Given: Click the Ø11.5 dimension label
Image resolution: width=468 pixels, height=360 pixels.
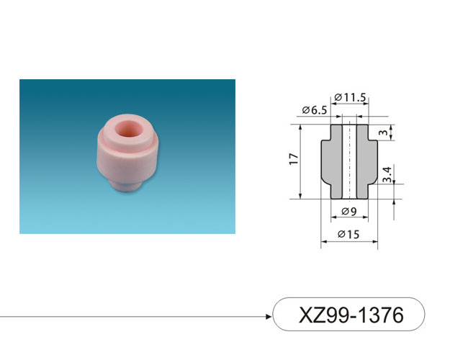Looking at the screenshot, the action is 350,97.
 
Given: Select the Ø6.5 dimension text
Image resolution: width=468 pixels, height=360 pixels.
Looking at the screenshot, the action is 315,110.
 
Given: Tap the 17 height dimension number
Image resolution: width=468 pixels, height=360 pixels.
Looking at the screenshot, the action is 294,159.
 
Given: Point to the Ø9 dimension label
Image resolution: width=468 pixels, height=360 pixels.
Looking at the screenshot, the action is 349,212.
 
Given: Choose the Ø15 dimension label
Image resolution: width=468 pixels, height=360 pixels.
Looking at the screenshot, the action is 348,234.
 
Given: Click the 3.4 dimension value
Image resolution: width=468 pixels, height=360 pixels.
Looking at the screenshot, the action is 387,174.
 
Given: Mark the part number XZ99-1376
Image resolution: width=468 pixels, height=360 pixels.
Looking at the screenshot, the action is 351,315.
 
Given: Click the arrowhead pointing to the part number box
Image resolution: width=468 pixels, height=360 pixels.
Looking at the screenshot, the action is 269,316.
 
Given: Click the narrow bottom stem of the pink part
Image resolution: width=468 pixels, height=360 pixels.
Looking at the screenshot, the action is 126,184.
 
